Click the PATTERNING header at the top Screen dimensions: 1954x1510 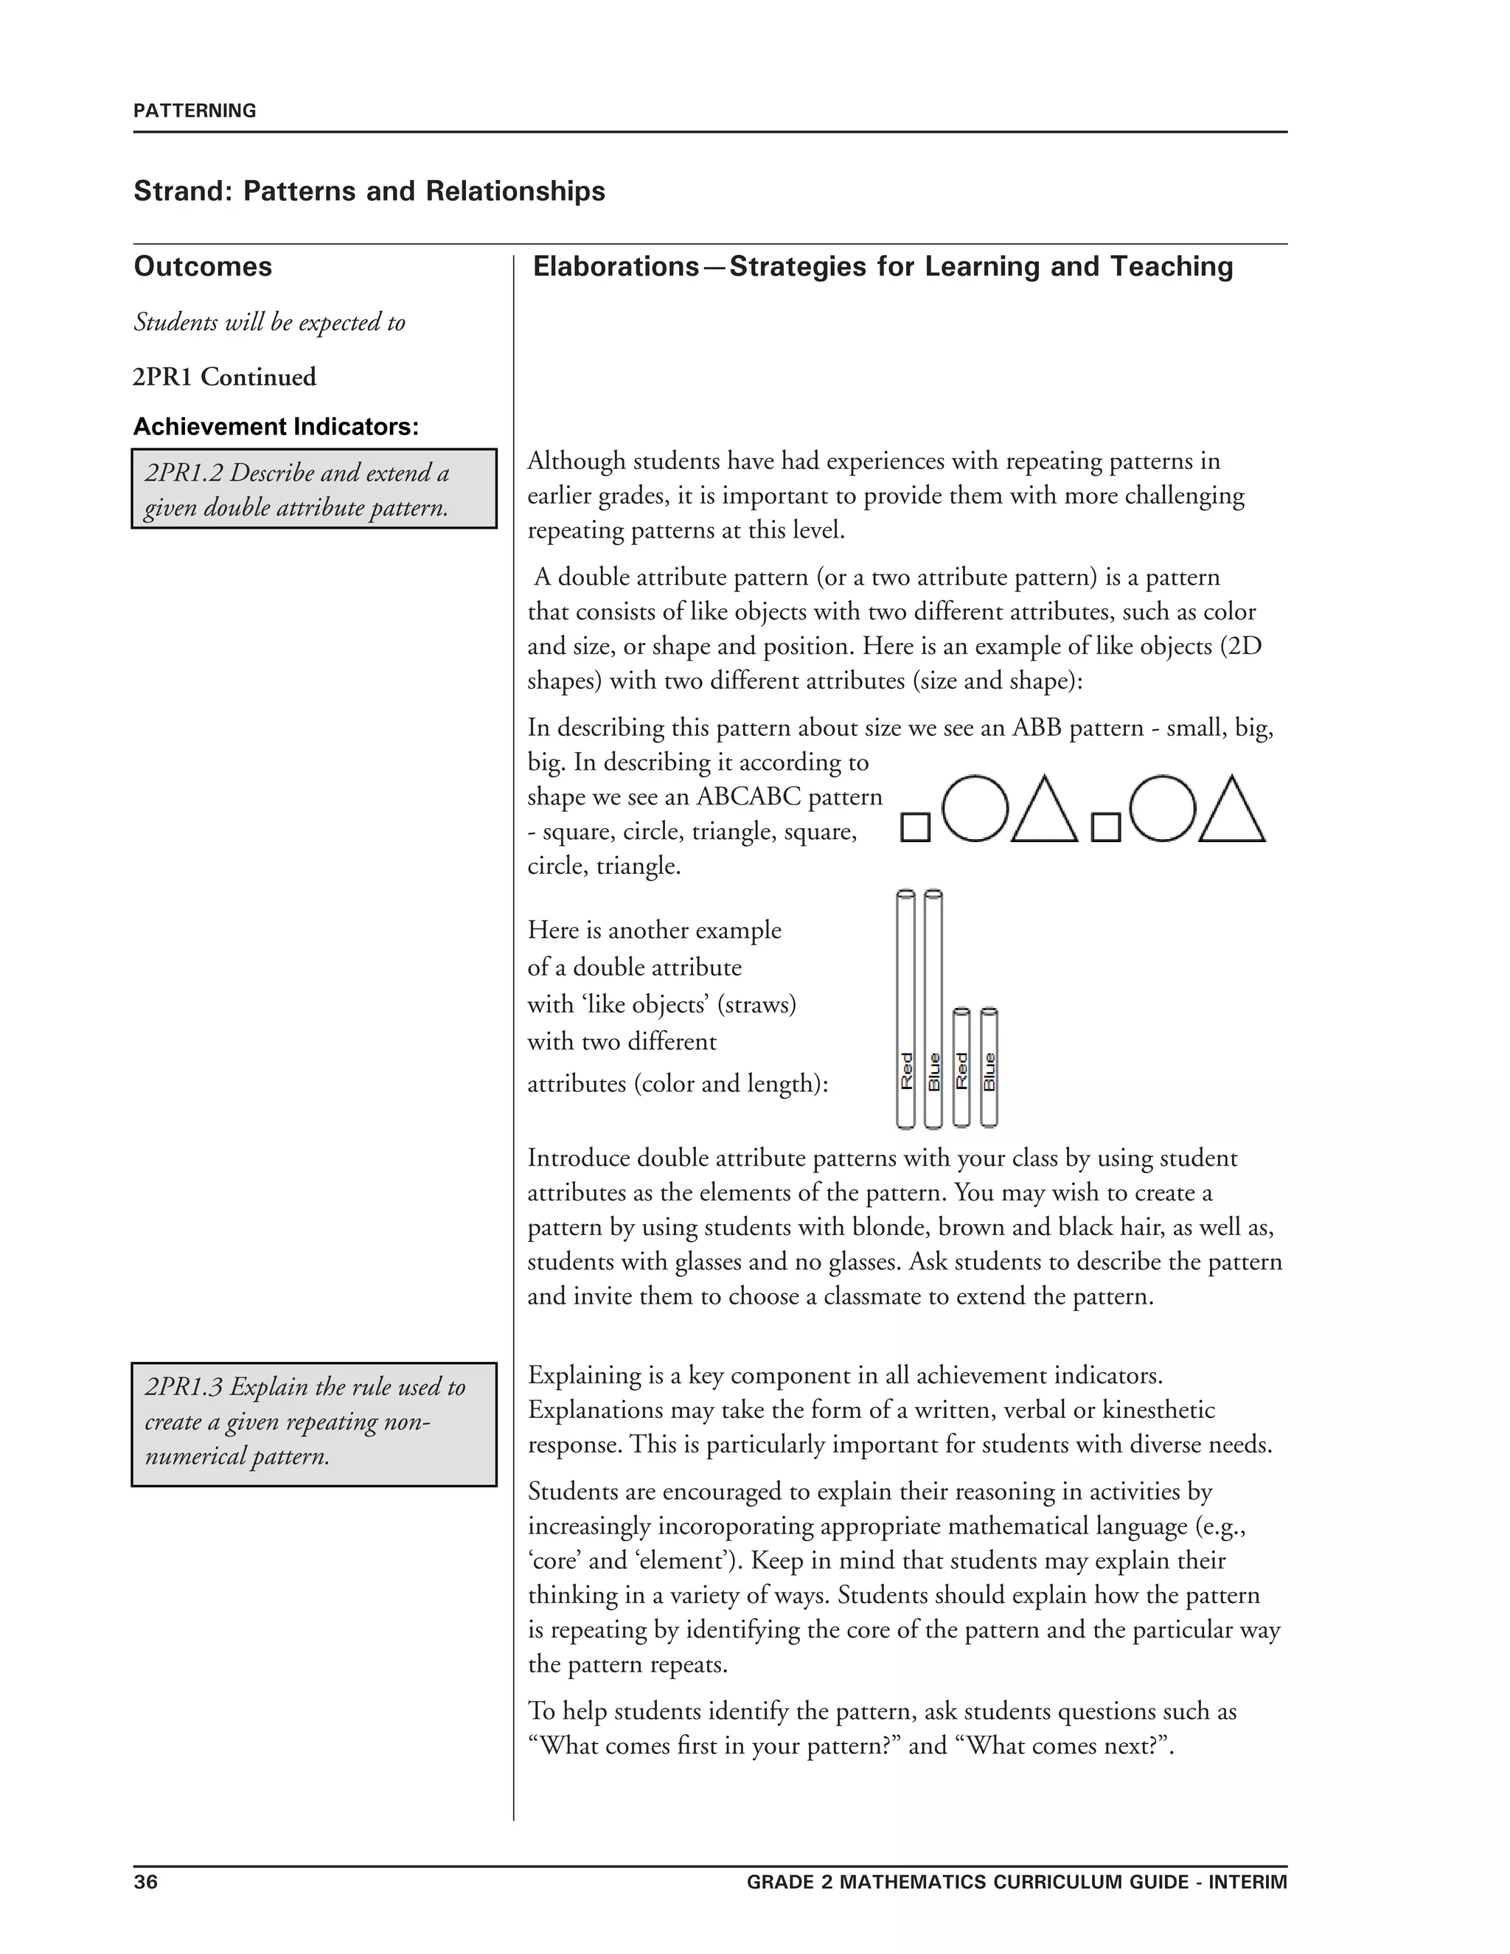pyautogui.click(x=194, y=111)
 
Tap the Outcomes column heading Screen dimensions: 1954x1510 pyautogui.click(x=202, y=267)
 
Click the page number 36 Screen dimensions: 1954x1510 pyautogui.click(x=145, y=1882)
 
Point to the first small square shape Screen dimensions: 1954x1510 pyautogui.click(x=914, y=827)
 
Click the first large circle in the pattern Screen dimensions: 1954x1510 pyautogui.click(x=974, y=808)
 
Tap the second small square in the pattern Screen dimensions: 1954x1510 pyautogui.click(x=1106, y=827)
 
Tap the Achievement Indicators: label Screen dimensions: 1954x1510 pyautogui.click(x=276, y=427)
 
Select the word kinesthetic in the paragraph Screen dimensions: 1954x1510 pyautogui.click(x=1158, y=1410)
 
